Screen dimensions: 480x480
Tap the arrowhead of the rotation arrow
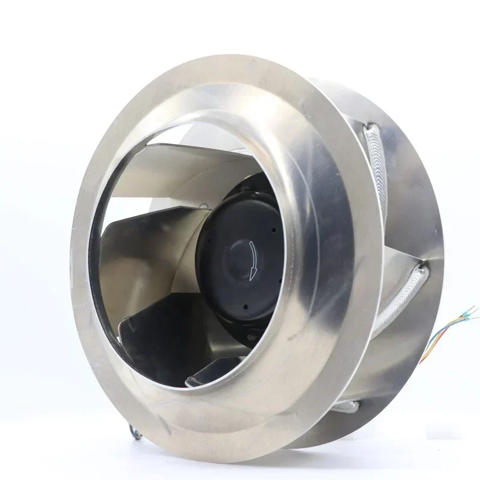pyautogui.click(x=251, y=275)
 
